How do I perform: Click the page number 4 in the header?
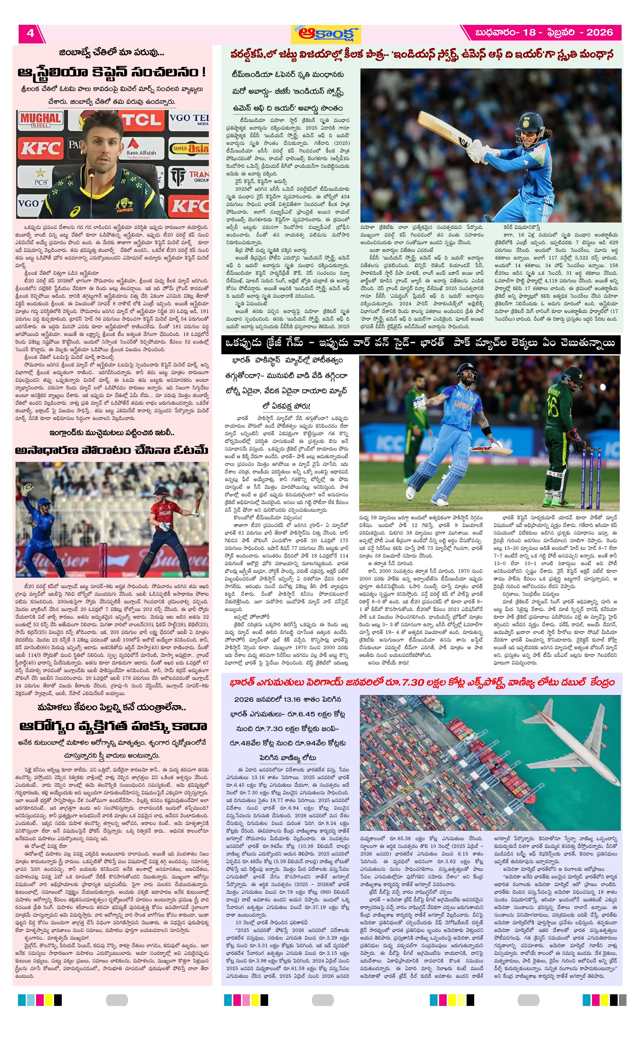click(30, 33)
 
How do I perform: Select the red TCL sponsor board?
click(142, 120)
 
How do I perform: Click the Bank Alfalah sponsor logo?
click(141, 148)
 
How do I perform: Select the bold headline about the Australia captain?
click(112, 72)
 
